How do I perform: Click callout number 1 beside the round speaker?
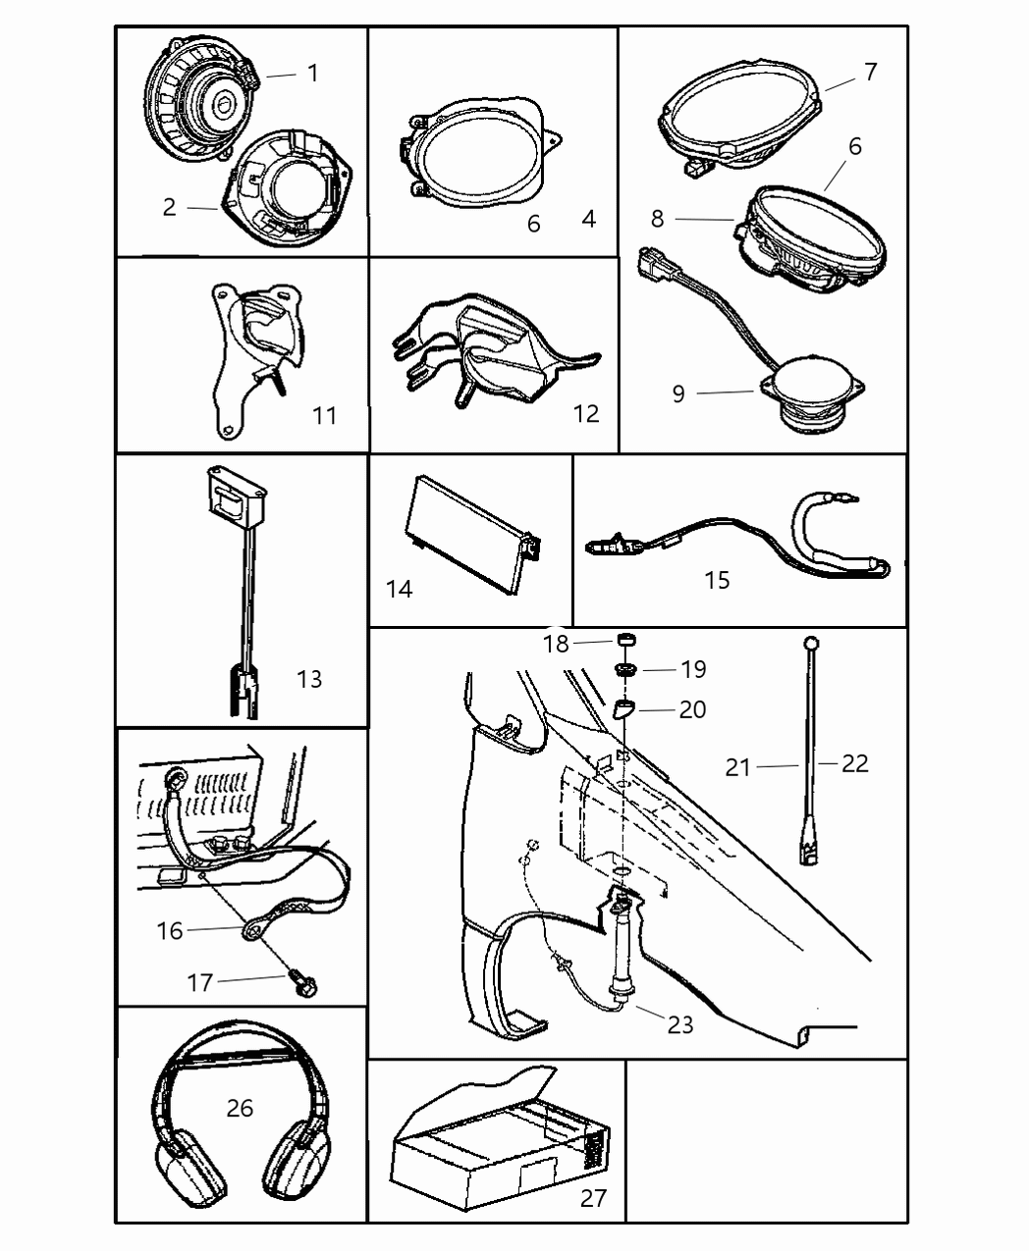pyautogui.click(x=312, y=74)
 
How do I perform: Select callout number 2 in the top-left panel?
pyautogui.click(x=170, y=207)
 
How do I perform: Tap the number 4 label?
pyautogui.click(x=588, y=219)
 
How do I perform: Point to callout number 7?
pyautogui.click(x=870, y=72)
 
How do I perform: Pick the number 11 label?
pyautogui.click(x=324, y=416)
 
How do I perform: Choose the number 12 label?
pyautogui.click(x=585, y=414)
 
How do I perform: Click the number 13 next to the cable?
pyautogui.click(x=308, y=679)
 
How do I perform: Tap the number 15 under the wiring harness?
pyautogui.click(x=717, y=580)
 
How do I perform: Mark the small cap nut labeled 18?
pyautogui.click(x=623, y=642)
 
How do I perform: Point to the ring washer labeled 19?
pyautogui.click(x=623, y=669)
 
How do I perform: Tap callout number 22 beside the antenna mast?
pyautogui.click(x=854, y=763)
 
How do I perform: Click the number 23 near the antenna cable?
pyautogui.click(x=679, y=1024)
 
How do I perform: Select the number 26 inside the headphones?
pyautogui.click(x=240, y=1108)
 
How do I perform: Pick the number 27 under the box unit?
pyautogui.click(x=593, y=1197)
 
